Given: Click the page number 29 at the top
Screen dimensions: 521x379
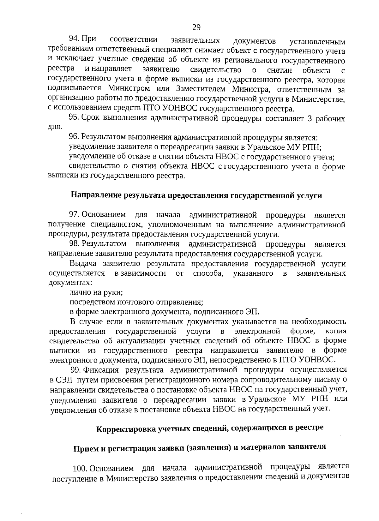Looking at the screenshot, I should coord(196,27).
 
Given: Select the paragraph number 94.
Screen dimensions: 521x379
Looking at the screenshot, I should coord(74,39).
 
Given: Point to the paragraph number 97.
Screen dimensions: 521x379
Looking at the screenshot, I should coord(74,215).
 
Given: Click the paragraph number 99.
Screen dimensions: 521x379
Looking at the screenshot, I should coord(75,369).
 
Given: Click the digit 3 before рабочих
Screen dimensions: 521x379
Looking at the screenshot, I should coord(309,119).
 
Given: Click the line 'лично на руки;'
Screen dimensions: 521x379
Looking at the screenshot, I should coord(96,292).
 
